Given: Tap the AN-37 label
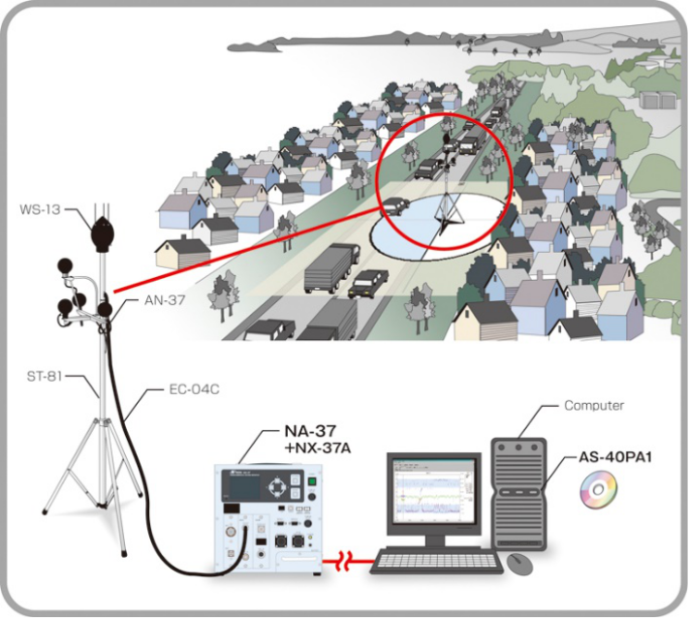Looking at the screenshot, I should [x=166, y=300].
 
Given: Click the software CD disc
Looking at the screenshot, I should [x=597, y=491].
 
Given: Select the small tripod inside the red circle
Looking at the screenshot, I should [x=448, y=208].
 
